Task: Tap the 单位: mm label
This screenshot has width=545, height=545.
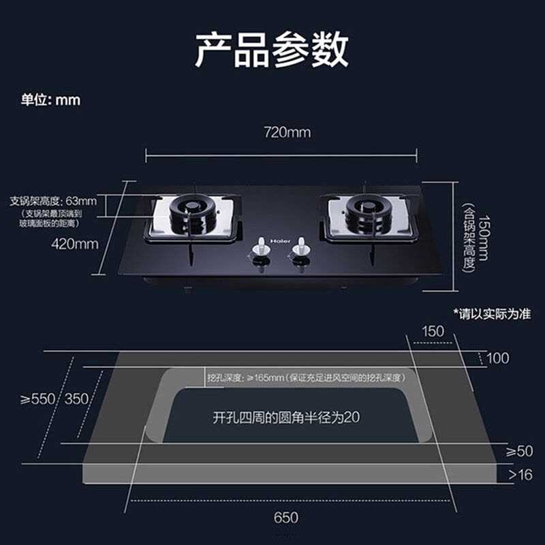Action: [x=50, y=100]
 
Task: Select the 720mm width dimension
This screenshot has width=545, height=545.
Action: [x=287, y=132]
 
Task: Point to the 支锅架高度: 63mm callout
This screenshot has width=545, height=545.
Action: [x=53, y=201]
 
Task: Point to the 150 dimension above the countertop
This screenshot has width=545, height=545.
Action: [x=433, y=331]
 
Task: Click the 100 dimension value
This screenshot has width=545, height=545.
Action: [x=498, y=358]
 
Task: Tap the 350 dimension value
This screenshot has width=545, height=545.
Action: [x=76, y=399]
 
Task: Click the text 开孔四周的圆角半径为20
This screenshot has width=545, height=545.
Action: [x=286, y=418]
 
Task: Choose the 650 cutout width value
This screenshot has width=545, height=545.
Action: [x=286, y=517]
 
